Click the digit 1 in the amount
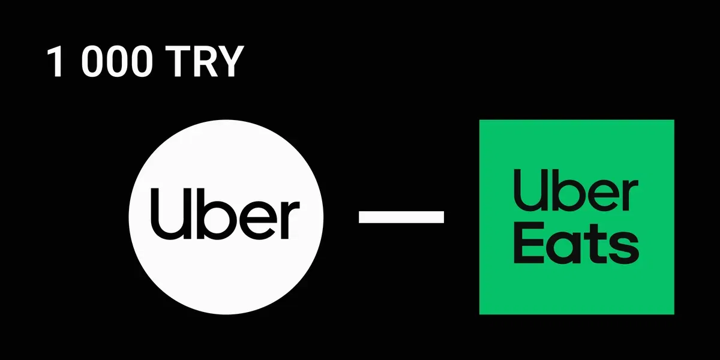(55, 61)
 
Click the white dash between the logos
(401, 217)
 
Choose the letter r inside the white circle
(289, 220)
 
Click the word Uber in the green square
(575, 191)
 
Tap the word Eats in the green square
(577, 243)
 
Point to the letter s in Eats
(624, 247)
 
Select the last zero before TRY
(141, 61)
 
